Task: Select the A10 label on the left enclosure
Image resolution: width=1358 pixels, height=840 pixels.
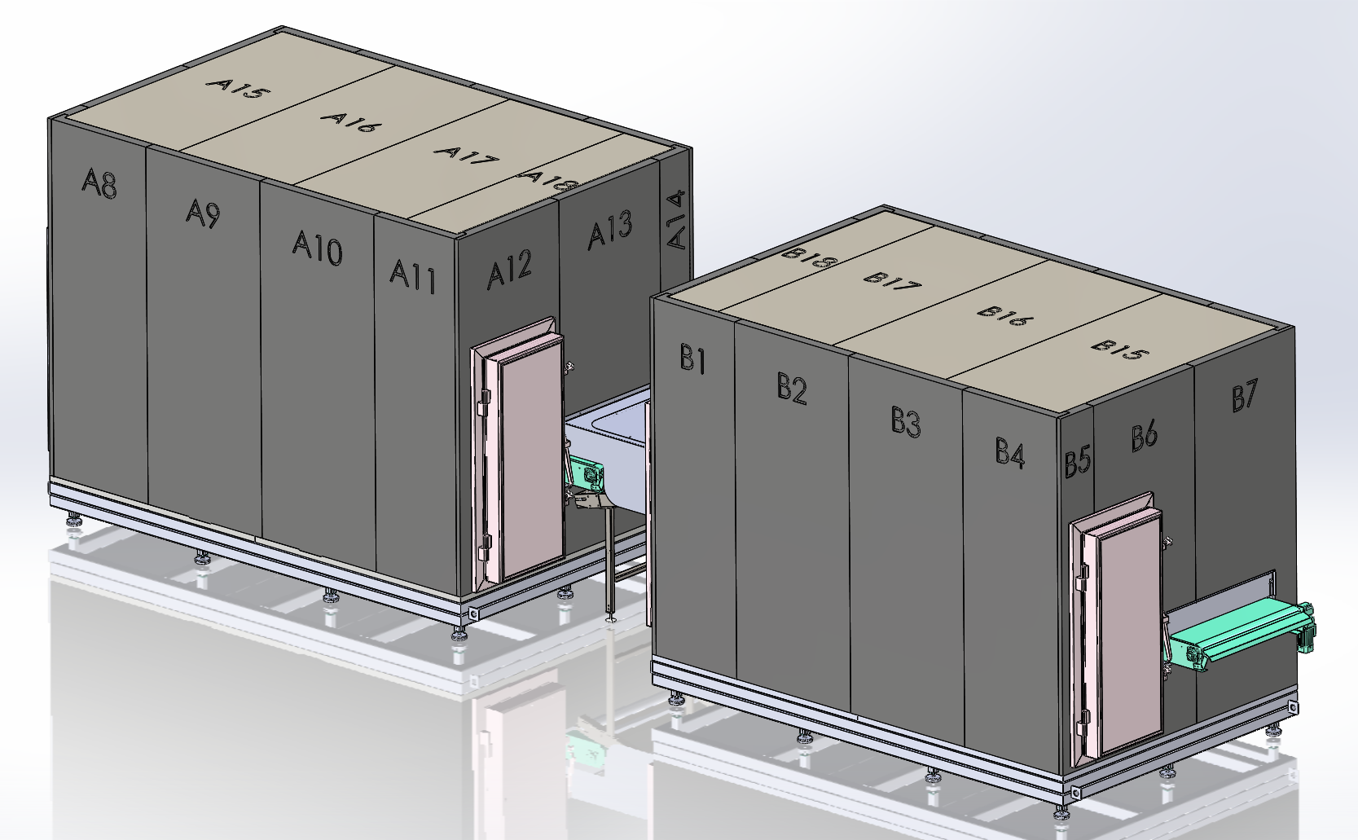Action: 318,247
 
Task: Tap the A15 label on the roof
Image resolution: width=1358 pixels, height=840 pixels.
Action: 237,87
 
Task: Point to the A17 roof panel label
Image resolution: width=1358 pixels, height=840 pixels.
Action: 466,155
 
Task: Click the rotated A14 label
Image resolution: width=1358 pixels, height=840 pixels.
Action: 677,220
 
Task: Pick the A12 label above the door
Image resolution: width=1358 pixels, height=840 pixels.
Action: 510,268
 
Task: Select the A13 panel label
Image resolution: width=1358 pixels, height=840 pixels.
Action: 609,230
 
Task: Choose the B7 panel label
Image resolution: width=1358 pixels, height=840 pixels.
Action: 1244,397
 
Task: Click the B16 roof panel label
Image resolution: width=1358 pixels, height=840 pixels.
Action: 1000,315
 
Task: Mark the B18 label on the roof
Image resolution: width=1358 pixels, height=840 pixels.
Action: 810,258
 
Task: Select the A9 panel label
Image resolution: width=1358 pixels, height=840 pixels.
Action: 203,213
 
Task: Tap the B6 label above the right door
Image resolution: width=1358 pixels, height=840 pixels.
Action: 1144,435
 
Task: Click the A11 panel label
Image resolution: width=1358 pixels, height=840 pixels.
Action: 412,275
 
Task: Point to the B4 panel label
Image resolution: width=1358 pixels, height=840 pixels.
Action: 1010,452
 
